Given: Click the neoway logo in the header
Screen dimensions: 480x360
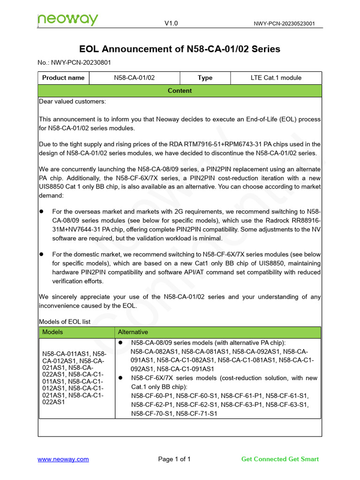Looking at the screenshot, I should [x=68, y=20].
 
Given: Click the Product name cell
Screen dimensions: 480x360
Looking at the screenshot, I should [x=63, y=78].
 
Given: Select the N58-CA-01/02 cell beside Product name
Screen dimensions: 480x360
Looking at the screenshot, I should [x=134, y=78].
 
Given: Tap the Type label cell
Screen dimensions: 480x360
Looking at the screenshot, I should [x=205, y=78].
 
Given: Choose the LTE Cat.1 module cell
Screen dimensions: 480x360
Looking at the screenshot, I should [x=276, y=78].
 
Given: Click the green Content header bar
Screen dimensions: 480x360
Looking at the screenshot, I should [x=180, y=90].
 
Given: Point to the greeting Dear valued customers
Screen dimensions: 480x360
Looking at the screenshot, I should [x=72, y=102].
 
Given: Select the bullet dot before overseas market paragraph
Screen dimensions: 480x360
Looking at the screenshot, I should [x=41, y=212].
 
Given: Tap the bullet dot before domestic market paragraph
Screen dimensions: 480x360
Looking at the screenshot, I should [x=41, y=254].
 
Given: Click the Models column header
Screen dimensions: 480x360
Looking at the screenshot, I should [x=52, y=332].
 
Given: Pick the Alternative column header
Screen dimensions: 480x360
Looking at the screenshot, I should [x=133, y=332].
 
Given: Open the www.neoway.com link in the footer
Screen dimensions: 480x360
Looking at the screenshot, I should [x=63, y=459].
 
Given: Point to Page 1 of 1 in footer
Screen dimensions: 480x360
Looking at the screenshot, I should [x=174, y=459].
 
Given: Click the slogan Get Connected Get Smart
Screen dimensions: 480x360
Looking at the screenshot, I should [x=280, y=459].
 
